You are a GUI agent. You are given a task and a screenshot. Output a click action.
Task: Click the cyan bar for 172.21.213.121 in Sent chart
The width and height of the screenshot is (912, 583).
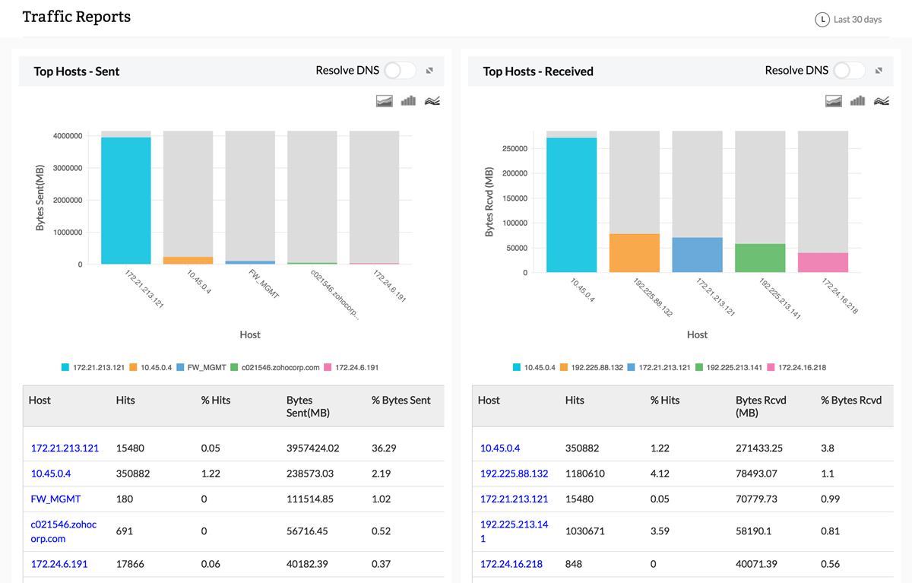126,201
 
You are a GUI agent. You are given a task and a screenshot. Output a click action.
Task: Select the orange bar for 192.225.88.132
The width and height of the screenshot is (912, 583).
635,253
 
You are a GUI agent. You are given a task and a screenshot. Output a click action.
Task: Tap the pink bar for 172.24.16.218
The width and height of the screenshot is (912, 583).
823,263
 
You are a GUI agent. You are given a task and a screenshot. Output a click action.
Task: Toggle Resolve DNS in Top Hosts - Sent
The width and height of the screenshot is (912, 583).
400,71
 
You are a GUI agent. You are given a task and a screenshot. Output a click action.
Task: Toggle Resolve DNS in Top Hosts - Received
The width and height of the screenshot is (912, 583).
849,71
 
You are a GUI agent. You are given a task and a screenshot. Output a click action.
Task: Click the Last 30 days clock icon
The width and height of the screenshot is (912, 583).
822,20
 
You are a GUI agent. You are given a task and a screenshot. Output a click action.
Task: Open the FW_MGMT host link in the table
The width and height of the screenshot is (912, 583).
55,499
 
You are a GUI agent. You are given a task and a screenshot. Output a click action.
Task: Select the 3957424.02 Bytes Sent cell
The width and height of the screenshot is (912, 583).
312,448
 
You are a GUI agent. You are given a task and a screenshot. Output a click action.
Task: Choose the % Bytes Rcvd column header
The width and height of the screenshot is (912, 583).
851,401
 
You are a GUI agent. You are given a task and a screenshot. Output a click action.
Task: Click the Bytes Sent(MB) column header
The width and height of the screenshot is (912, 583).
309,407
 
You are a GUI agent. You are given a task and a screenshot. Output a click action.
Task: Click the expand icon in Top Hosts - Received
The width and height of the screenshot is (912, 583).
879,71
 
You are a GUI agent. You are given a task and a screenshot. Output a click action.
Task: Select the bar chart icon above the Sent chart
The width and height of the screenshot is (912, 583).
408,101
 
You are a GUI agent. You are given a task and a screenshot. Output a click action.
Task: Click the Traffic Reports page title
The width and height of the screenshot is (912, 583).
77,17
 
